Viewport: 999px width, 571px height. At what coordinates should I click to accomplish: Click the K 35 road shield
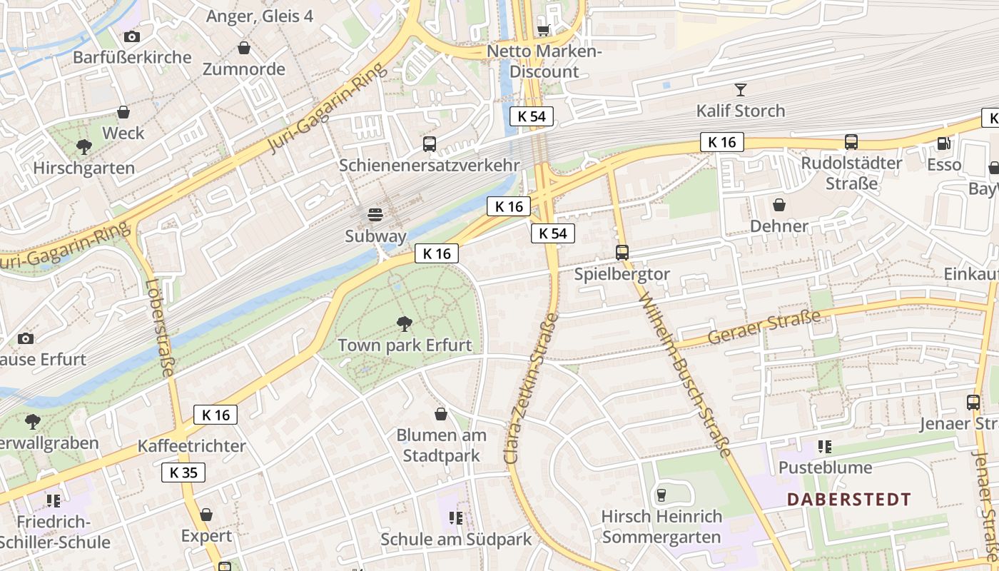point(183,472)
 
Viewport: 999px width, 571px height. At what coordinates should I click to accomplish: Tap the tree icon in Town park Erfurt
point(405,324)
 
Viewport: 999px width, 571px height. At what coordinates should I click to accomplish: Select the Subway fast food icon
point(375,214)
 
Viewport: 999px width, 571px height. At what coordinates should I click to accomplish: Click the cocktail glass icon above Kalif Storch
point(741,89)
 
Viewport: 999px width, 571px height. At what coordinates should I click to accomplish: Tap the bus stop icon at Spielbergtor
point(622,252)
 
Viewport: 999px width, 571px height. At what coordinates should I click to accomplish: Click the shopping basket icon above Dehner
point(779,205)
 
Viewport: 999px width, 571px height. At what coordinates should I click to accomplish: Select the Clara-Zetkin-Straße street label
point(532,388)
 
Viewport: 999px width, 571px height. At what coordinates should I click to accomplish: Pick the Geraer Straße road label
point(764,328)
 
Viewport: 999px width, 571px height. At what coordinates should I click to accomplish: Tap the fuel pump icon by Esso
point(944,143)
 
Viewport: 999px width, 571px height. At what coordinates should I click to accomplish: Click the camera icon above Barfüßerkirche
point(132,36)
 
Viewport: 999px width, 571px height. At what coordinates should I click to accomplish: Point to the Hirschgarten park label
point(84,168)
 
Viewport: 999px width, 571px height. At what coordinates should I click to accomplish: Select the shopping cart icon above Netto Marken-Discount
point(544,30)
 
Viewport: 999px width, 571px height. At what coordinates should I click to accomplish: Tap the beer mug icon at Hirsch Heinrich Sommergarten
point(661,495)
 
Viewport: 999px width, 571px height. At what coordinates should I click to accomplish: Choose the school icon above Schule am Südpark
point(456,517)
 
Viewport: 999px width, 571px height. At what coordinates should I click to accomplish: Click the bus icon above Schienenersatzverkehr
point(430,144)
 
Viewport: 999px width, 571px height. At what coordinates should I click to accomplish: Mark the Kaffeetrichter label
point(191,446)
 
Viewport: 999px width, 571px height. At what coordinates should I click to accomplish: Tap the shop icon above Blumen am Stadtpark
point(441,414)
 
